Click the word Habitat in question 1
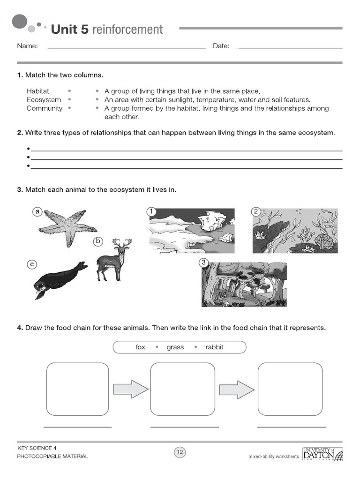click(37, 91)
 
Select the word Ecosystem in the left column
click(44, 100)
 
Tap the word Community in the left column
click(44, 108)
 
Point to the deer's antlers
click(122, 243)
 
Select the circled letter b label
click(98, 241)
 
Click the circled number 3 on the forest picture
click(203, 262)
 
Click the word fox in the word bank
click(140, 347)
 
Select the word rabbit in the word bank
click(214, 347)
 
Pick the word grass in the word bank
click(175, 347)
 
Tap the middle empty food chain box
click(182, 389)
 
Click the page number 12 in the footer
click(180, 452)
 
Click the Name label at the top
click(27, 46)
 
